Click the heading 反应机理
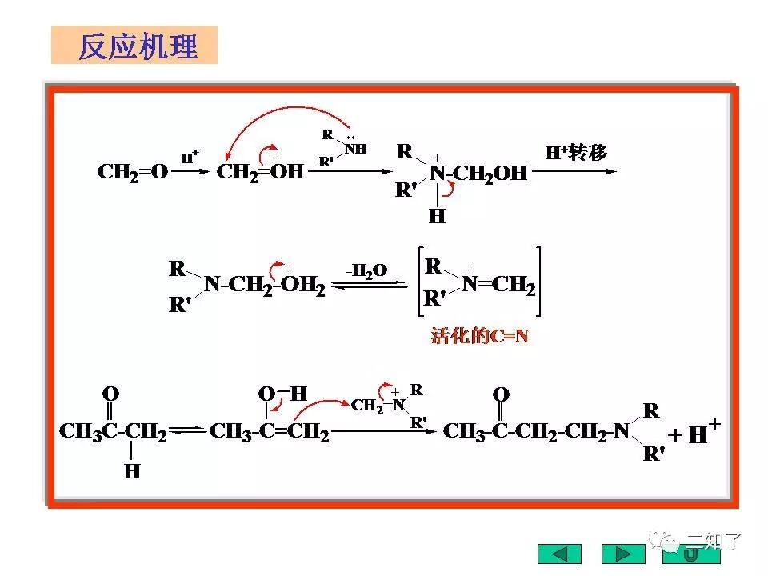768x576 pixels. tap(137, 46)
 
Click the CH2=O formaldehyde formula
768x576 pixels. tap(133, 172)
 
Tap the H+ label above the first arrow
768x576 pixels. tap(190, 158)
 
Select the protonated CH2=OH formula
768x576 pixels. tap(261, 172)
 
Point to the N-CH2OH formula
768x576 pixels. tap(478, 174)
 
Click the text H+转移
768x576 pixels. tap(576, 153)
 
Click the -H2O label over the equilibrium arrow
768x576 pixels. tap(367, 271)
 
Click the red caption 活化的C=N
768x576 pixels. tap(480, 336)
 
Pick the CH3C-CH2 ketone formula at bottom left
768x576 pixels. tap(113, 433)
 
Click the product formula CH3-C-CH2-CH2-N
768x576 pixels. tap(537, 433)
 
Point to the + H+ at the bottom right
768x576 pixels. tap(694, 434)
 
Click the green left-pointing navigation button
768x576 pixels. tap(560, 554)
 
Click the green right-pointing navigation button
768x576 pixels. tap(623, 554)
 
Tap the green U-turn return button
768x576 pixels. tap(690, 554)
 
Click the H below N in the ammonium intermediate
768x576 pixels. tap(437, 216)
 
